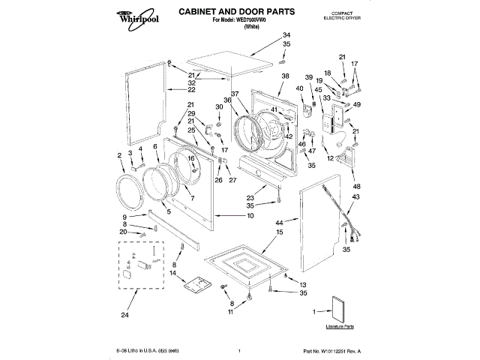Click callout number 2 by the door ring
coord(119,155)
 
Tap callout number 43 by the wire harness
coord(355,196)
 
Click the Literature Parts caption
coord(340,327)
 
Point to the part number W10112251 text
coord(335,351)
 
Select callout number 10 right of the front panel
coord(249,216)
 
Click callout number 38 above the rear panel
coord(285,76)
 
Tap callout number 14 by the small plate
coord(174,274)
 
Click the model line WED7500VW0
coord(235,20)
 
